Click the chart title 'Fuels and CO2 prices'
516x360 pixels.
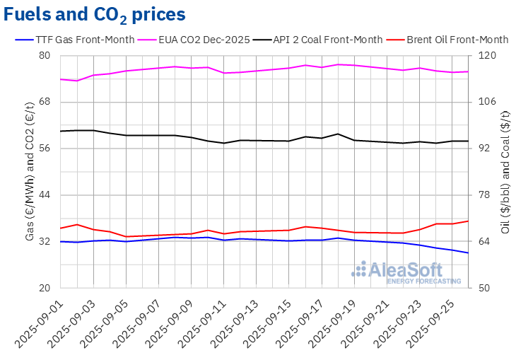[x=95, y=14]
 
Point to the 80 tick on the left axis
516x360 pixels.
[x=44, y=56]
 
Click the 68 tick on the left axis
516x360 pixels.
[x=44, y=102]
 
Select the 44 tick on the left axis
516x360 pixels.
[x=44, y=195]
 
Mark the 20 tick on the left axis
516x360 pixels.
[x=44, y=288]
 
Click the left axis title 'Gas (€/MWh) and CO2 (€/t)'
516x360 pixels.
[x=30, y=172]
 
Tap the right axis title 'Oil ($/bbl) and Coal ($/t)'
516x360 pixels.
[x=505, y=172]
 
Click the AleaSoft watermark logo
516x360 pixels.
[x=406, y=272]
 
